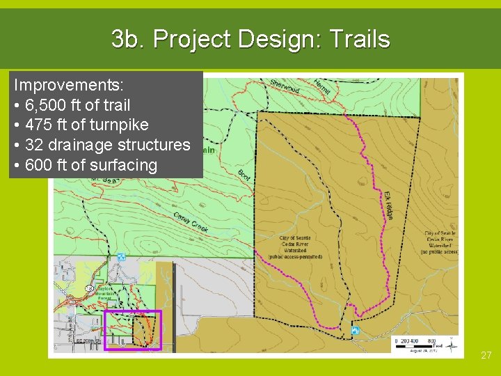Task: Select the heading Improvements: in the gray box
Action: tap(69, 86)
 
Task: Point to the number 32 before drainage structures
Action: tap(35, 146)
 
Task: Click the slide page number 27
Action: tap(486, 355)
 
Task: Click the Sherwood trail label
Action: tap(285, 87)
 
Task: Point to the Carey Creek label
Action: tap(191, 222)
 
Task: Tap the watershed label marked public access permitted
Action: tap(295, 247)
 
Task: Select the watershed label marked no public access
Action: tap(441, 243)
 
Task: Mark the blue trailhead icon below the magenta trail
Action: tap(356, 331)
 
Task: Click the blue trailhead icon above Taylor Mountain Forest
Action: tap(122, 257)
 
